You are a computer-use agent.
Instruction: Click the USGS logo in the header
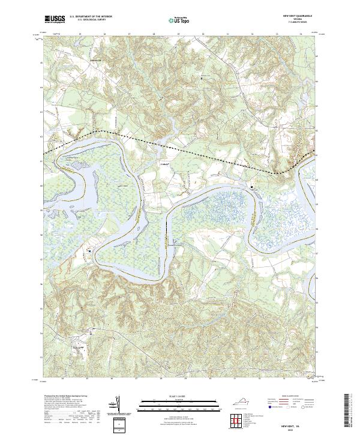coord(55,19)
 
